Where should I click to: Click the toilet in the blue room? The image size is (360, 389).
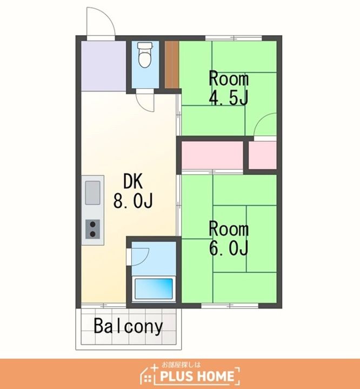click(x=145, y=55)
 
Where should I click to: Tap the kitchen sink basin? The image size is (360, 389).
click(x=92, y=192)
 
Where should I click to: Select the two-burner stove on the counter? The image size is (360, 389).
click(x=92, y=229)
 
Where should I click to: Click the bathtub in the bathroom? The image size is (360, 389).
click(x=154, y=289)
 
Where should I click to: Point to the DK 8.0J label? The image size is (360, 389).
click(x=133, y=191)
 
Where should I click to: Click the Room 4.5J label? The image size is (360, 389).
click(x=229, y=88)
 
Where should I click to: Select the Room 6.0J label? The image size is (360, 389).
click(x=229, y=239)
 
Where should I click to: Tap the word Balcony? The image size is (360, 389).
click(x=128, y=326)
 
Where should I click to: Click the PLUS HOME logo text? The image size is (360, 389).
click(x=197, y=376)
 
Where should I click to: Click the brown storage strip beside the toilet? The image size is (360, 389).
click(x=172, y=64)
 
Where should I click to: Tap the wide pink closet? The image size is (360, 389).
click(x=212, y=155)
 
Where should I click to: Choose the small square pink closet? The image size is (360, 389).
click(x=263, y=155)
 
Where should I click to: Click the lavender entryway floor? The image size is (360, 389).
click(x=104, y=66)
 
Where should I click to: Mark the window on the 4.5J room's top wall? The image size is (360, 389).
click(x=234, y=38)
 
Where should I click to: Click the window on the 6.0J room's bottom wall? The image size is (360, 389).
click(x=230, y=306)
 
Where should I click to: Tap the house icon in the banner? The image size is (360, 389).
click(x=149, y=374)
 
